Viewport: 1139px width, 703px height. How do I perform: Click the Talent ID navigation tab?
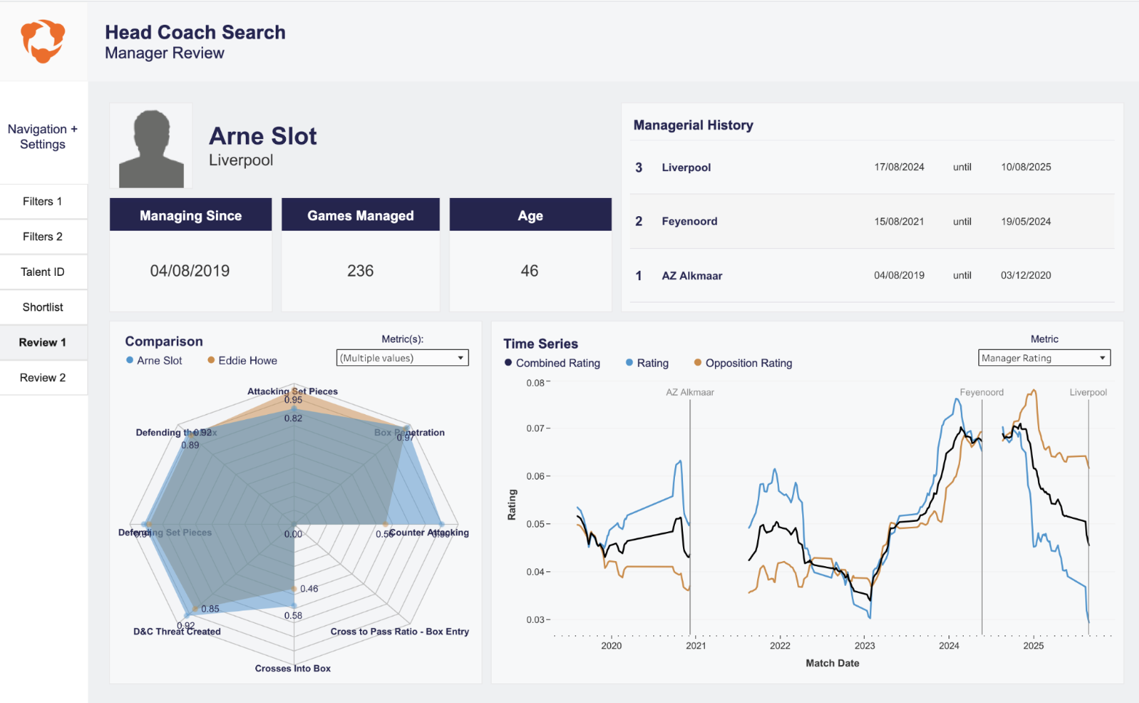43,272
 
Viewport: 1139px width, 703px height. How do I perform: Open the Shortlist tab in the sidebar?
43,307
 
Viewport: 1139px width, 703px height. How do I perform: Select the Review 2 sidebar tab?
43,378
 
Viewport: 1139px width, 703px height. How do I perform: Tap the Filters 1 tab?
43,202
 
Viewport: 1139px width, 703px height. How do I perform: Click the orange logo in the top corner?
43,41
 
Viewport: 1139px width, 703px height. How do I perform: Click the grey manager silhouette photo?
151,148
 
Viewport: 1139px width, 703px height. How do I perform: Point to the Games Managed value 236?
360,271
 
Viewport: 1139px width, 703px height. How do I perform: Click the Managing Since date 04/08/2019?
190,271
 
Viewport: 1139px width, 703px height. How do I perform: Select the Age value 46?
529,271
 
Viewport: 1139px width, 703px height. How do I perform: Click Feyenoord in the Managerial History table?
690,221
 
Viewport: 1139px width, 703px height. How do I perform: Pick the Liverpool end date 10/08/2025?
1026,167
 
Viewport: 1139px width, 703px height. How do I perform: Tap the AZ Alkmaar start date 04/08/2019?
899,276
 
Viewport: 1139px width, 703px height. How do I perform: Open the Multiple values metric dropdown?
402,358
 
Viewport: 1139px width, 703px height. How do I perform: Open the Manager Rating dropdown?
1044,358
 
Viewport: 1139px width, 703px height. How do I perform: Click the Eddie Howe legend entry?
247,361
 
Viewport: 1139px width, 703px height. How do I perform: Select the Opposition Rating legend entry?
748,363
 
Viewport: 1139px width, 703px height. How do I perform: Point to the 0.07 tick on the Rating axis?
536,429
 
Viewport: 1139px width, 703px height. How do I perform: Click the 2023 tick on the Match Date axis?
865,646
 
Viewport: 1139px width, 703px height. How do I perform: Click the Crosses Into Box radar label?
292,669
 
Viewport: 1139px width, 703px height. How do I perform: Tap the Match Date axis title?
832,664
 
